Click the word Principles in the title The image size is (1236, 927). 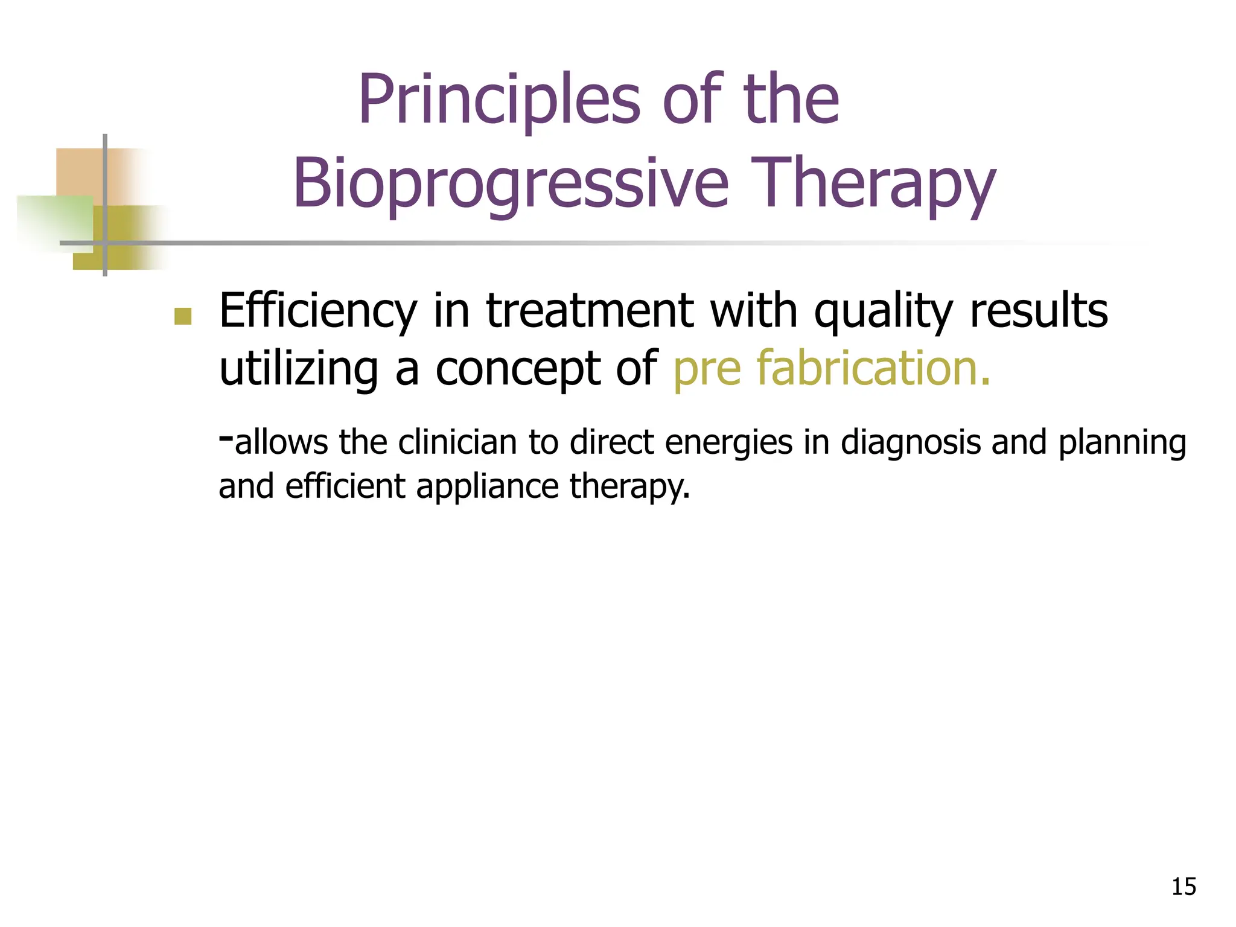[499, 100]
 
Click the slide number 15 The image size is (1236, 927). [1183, 887]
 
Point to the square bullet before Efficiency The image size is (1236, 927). [182, 316]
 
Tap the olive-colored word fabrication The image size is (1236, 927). [873, 368]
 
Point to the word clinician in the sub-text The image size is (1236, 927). [457, 442]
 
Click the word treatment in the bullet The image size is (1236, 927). [590, 312]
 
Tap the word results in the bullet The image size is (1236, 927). [1038, 312]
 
